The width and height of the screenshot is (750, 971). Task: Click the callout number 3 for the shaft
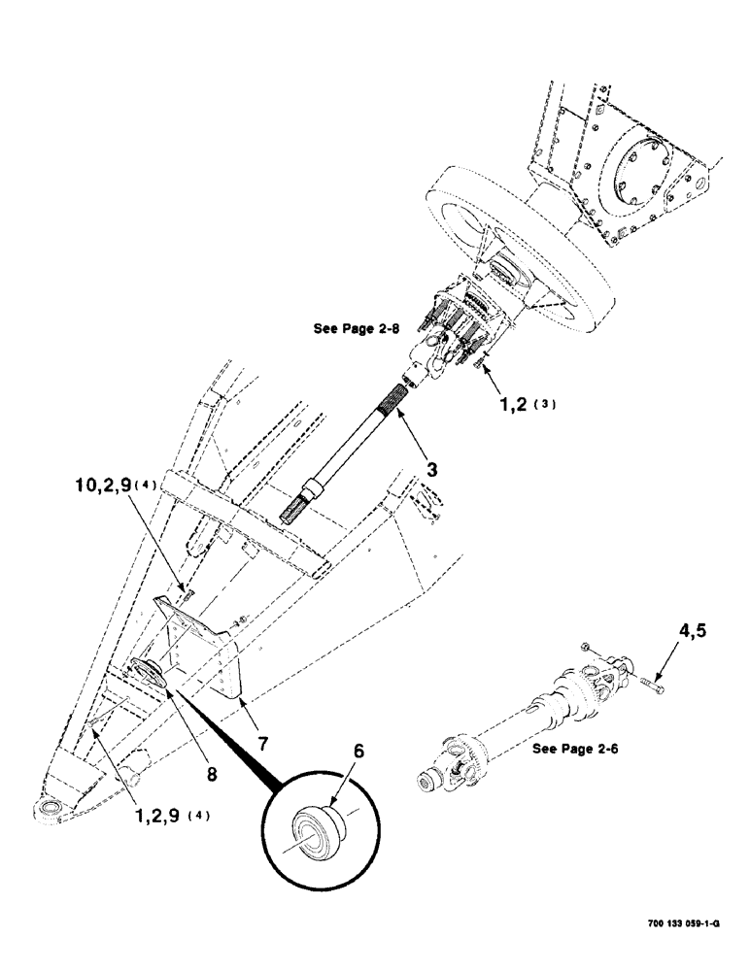(430, 469)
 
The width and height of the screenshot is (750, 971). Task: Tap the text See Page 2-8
(355, 328)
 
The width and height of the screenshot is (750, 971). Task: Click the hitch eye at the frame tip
(48, 808)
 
